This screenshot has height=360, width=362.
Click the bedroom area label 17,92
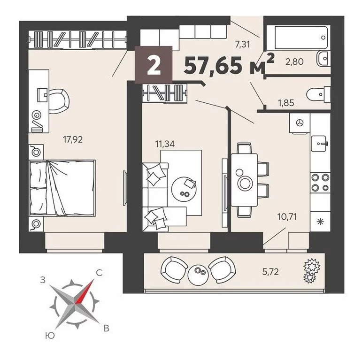[73, 139]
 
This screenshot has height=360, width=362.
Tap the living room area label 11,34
[165, 144]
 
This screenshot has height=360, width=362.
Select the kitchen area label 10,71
[287, 217]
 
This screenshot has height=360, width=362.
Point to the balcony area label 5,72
[270, 272]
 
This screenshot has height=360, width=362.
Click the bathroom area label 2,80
[294, 61]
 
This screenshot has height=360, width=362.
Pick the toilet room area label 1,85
[286, 103]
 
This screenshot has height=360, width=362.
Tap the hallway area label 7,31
[242, 44]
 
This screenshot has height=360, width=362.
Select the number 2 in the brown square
[154, 65]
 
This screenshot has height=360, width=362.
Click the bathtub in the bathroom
[301, 38]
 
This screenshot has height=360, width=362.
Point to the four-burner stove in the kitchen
[320, 183]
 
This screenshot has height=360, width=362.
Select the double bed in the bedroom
[62, 188]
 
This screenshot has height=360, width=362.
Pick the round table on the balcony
[198, 274]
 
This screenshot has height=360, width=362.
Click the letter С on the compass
[99, 273]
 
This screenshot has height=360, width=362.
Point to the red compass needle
[85, 291]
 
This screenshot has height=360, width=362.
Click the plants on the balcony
[311, 271]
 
